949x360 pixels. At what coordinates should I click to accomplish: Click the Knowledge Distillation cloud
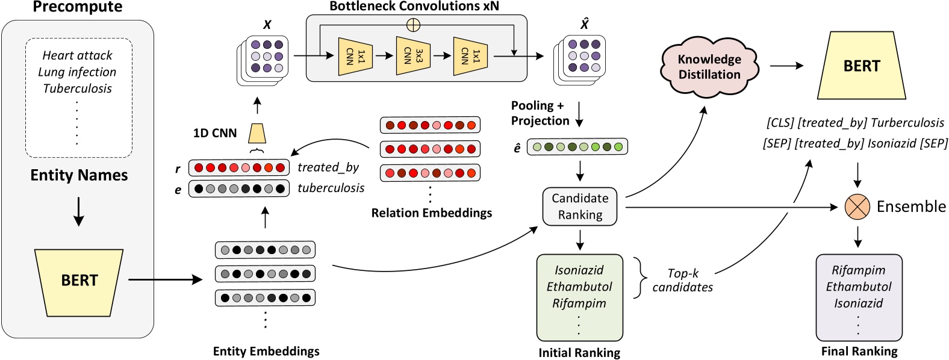(x=709, y=67)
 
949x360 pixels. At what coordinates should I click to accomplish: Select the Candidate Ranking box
(x=580, y=206)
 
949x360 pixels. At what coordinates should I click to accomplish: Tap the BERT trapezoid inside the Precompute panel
(x=79, y=281)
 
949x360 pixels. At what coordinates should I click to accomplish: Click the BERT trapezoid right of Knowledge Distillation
(x=862, y=66)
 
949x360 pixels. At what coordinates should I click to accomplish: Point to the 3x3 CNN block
(x=413, y=56)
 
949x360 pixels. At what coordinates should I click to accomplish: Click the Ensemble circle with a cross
(x=857, y=207)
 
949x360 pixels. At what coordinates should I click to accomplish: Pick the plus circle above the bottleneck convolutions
(x=413, y=25)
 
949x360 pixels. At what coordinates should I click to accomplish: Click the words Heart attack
(x=77, y=55)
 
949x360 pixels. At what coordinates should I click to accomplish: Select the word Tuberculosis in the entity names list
(x=77, y=88)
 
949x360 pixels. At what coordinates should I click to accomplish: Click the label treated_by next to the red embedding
(x=328, y=167)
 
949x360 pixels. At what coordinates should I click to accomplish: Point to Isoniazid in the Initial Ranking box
(x=579, y=270)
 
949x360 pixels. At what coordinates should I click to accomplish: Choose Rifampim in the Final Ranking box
(x=858, y=270)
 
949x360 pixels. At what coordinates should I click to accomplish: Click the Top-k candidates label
(x=682, y=281)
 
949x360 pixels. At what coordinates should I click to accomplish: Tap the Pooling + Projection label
(x=540, y=113)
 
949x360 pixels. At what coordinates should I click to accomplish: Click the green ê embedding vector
(x=577, y=147)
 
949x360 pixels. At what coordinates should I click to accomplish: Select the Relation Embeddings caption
(x=431, y=213)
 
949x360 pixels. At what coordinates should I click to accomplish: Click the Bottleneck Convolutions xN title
(x=414, y=7)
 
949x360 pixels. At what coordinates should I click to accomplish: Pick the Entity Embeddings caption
(x=266, y=352)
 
